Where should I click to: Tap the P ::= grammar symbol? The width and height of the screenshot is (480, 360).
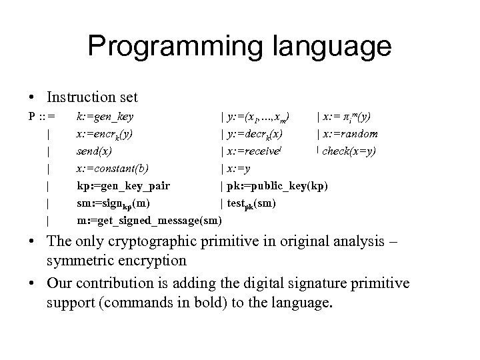tap(41, 117)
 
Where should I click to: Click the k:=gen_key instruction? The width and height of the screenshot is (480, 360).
tap(105, 117)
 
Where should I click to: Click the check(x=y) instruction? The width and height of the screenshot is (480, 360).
tap(349, 151)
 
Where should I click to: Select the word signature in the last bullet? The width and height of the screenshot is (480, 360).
tap(312, 284)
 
